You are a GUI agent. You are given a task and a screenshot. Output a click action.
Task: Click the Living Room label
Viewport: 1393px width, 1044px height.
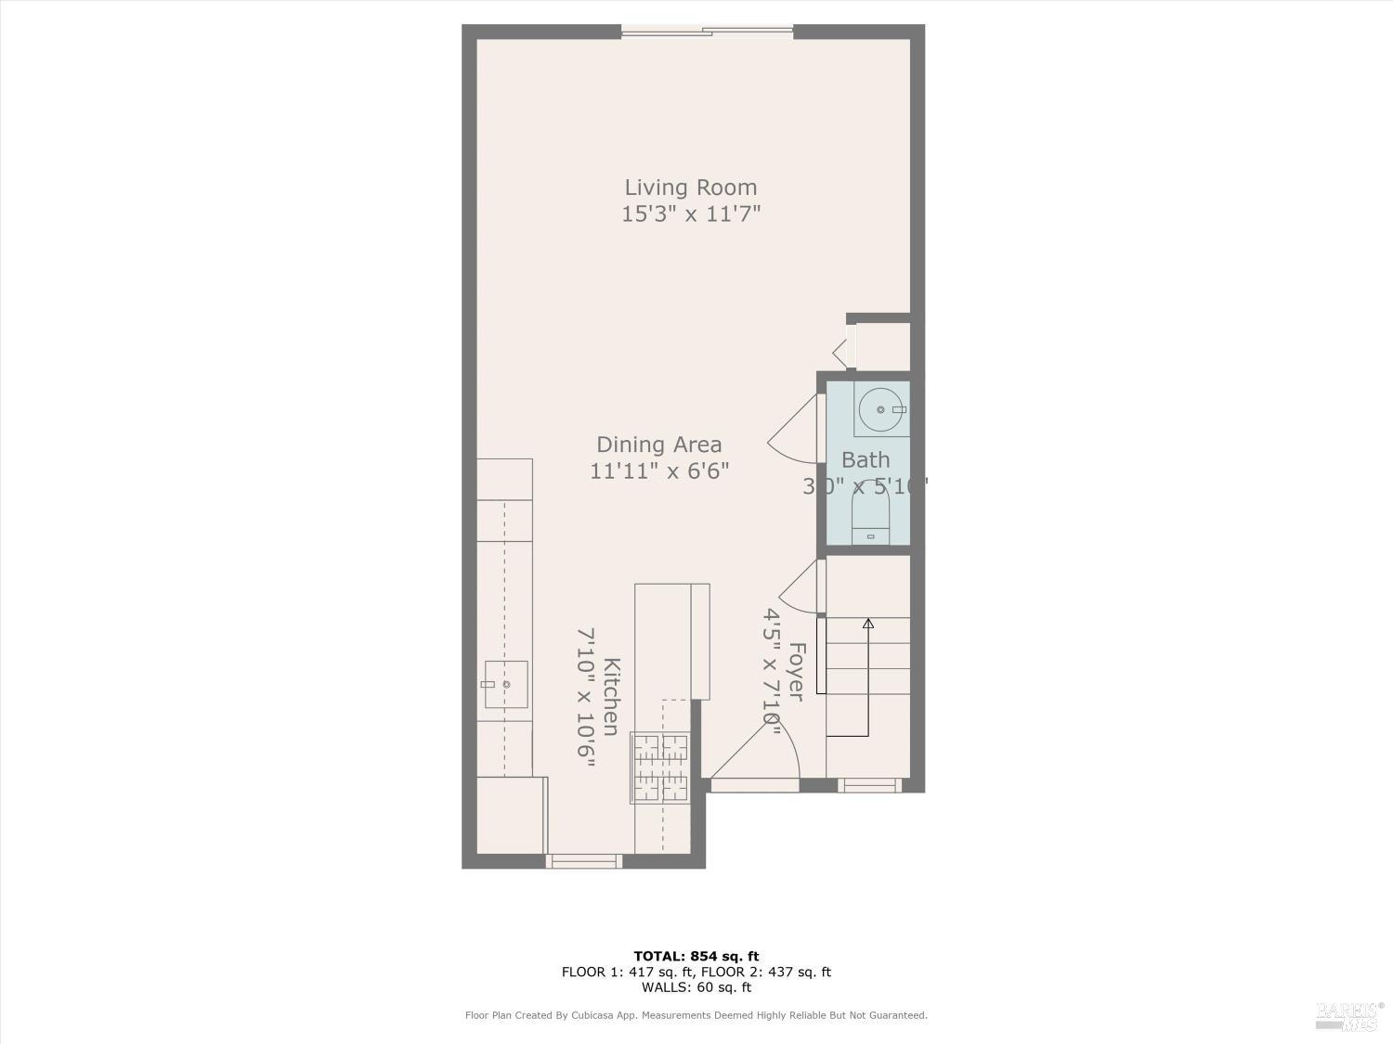click(x=690, y=187)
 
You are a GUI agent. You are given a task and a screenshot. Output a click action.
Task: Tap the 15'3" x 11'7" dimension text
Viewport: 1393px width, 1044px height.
click(x=691, y=214)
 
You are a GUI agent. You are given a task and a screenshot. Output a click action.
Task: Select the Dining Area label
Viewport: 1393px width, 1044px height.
click(x=658, y=445)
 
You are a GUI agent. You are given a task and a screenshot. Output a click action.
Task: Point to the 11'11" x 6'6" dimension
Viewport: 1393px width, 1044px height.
click(x=659, y=470)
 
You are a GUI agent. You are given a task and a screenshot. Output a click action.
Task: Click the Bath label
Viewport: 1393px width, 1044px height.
click(x=866, y=459)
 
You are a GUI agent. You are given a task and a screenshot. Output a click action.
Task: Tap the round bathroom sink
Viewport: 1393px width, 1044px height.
click(x=879, y=409)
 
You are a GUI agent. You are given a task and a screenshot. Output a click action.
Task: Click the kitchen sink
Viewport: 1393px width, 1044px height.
click(x=506, y=684)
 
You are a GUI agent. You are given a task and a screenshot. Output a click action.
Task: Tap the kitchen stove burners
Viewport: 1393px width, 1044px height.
click(x=660, y=767)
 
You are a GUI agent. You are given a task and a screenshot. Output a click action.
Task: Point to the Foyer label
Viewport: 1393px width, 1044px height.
click(x=796, y=671)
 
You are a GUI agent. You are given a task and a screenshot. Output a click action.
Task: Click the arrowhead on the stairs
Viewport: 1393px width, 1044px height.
click(x=868, y=624)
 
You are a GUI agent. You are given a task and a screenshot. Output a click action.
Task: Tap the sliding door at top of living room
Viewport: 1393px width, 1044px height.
click(x=707, y=33)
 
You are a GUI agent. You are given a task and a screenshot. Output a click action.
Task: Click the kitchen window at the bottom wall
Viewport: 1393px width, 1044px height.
click(x=583, y=861)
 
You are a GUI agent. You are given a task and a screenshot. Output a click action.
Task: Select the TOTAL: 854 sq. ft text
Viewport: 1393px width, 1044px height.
click(x=696, y=956)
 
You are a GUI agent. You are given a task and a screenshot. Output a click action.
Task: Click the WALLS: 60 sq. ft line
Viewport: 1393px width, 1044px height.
click(x=696, y=987)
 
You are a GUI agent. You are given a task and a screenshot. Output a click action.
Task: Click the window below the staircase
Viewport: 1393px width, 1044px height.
click(x=869, y=785)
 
